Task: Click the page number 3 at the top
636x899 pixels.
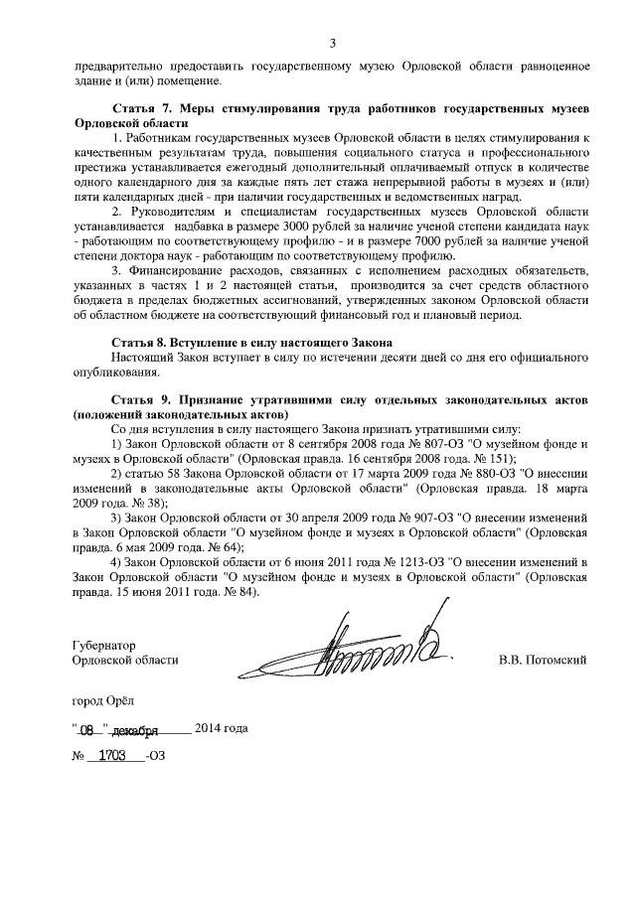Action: (333, 42)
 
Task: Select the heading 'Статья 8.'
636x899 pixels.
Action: (138, 341)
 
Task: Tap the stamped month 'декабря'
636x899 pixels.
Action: (133, 730)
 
